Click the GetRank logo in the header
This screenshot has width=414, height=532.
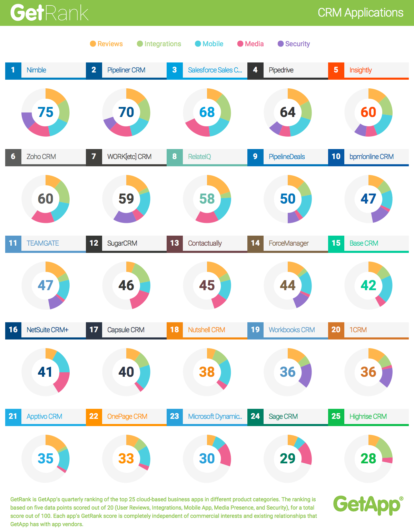pyautogui.click(x=49, y=13)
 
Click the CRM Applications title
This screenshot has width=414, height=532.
pyautogui.click(x=360, y=13)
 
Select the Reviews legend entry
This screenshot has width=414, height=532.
pyautogui.click(x=106, y=44)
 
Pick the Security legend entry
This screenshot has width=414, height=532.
pyautogui.click(x=294, y=44)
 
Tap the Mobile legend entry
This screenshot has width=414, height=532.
pyautogui.click(x=209, y=44)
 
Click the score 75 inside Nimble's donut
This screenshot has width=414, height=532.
pyautogui.click(x=46, y=112)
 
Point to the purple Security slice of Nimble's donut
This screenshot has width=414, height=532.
pyautogui.click(x=27, y=120)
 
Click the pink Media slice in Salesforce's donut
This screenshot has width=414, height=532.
pyautogui.click(x=197, y=128)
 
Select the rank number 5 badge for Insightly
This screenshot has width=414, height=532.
pyautogui.click(x=336, y=70)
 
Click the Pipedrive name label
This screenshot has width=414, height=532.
pyautogui.click(x=281, y=70)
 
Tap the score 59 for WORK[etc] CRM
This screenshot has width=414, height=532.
pyautogui.click(x=126, y=199)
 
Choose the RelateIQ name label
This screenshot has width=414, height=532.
pyautogui.click(x=199, y=157)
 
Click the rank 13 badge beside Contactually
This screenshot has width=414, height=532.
pyautogui.click(x=175, y=243)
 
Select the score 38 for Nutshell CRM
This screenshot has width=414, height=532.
pyautogui.click(x=207, y=372)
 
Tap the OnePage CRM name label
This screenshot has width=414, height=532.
pyautogui.click(x=127, y=416)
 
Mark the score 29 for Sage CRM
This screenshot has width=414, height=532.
pyautogui.click(x=288, y=459)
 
